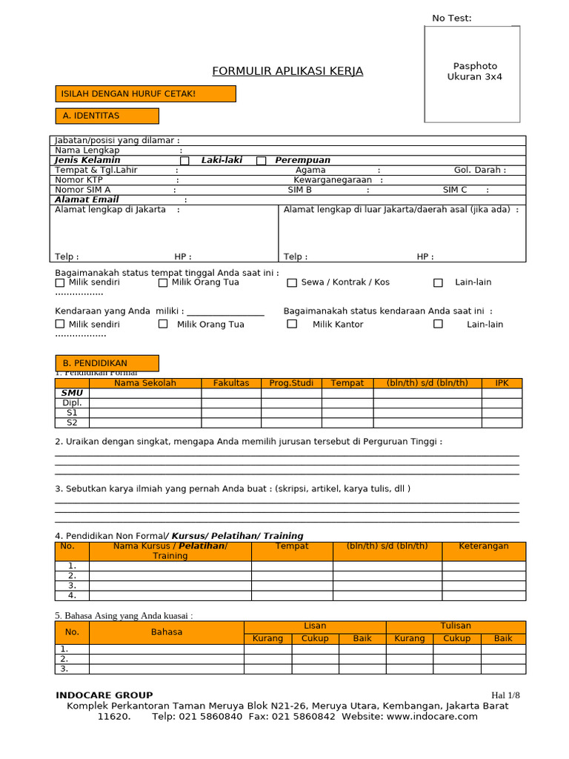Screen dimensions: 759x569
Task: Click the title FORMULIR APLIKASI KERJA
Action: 287,71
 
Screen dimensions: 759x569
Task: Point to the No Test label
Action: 451,19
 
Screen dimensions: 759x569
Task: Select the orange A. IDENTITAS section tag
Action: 107,116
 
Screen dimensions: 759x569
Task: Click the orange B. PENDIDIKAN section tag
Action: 107,363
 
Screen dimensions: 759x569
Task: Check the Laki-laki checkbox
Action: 184,161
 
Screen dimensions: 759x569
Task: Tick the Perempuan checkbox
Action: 261,161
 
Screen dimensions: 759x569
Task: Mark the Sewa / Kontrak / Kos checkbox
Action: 292,282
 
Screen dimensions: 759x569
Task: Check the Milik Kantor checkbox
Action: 292,324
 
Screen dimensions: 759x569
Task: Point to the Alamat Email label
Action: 87,200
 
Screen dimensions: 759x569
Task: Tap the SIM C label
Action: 455,190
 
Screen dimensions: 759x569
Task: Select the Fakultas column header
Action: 231,383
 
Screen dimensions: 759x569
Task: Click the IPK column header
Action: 502,383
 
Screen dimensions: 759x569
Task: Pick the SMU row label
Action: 72,393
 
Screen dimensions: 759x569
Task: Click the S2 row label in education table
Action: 72,422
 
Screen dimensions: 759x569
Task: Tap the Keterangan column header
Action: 483,546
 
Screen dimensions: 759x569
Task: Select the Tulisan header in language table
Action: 456,626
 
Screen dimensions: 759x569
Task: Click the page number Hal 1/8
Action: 506,695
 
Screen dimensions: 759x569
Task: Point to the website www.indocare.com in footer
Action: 431,717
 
